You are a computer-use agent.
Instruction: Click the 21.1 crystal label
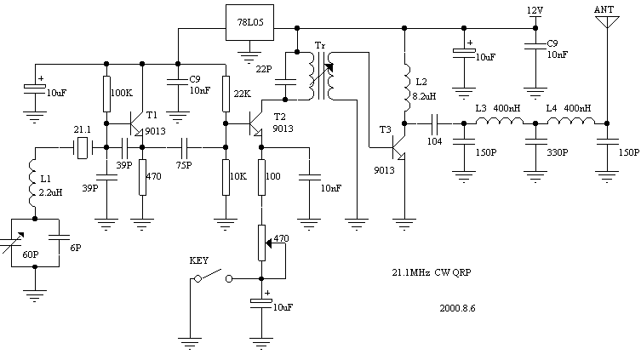[x=82, y=129]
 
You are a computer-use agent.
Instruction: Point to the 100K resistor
[x=107, y=92]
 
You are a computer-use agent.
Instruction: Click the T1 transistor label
[x=152, y=115]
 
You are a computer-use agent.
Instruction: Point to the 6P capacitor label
[x=75, y=248]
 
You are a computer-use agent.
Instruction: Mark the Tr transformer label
[x=319, y=44]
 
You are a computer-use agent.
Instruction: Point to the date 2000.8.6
[x=456, y=308]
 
